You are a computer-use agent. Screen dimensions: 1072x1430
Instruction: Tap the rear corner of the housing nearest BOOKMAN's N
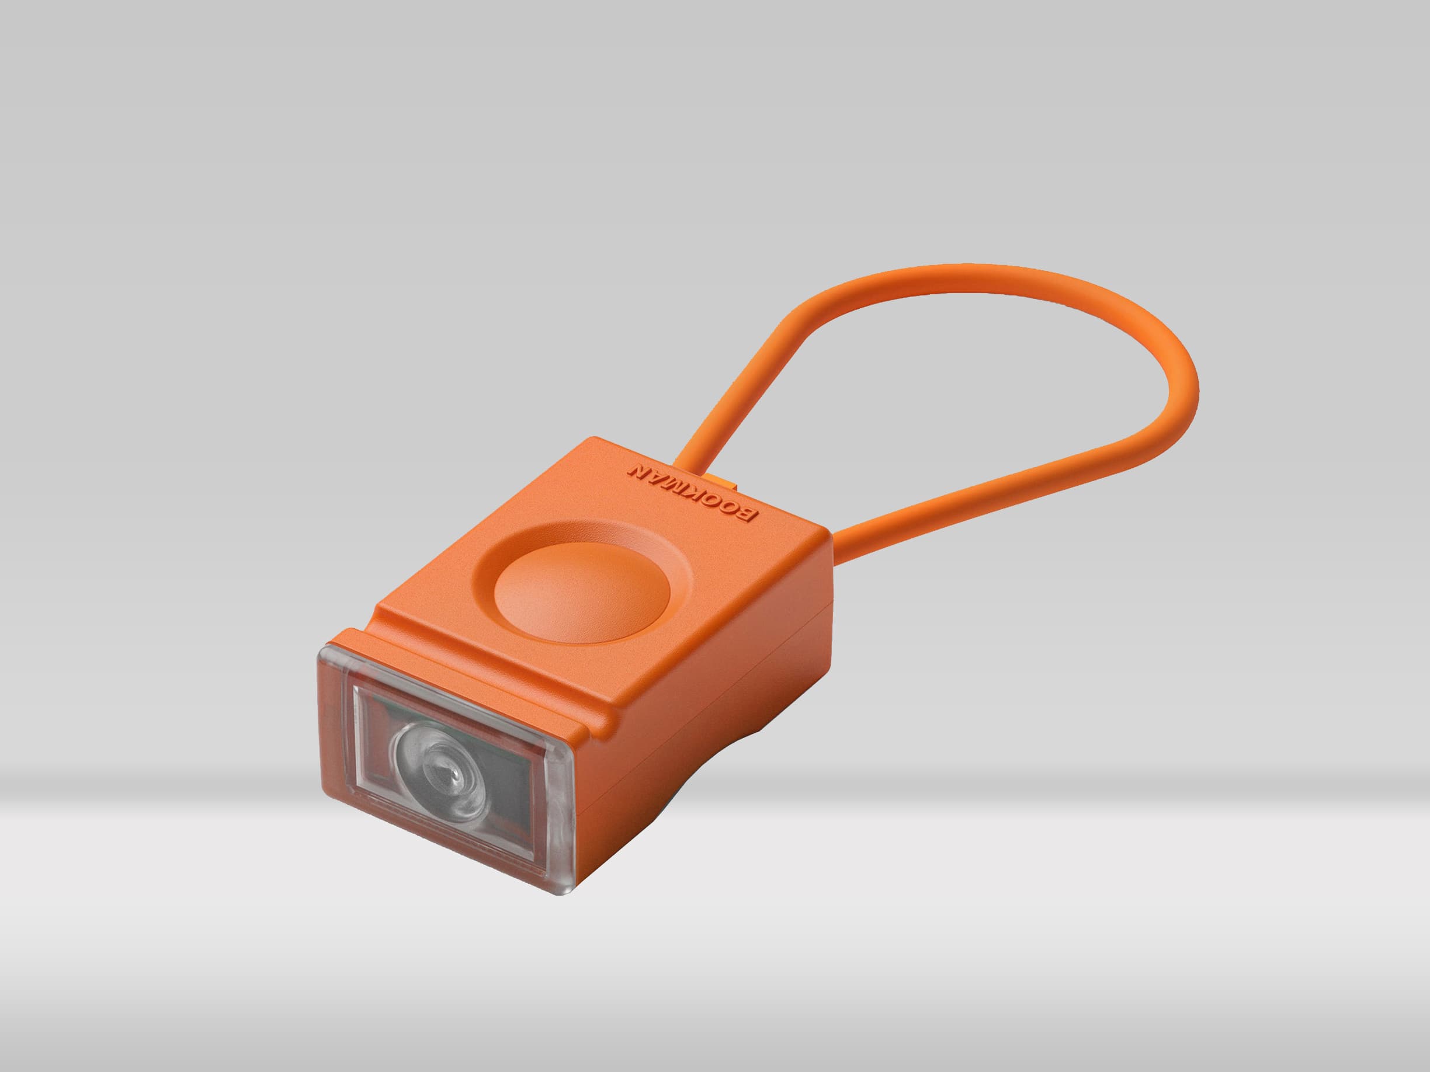point(595,440)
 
